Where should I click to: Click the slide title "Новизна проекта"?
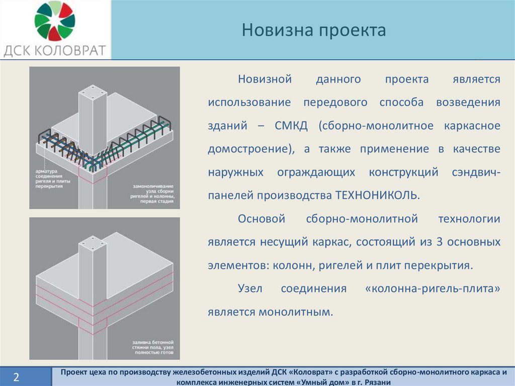tap(314, 30)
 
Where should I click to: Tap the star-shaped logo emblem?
tap(55, 21)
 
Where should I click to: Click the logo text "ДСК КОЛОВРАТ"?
tap(55, 51)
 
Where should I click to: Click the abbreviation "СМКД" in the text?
tap(291, 126)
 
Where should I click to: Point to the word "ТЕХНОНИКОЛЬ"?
tap(377, 195)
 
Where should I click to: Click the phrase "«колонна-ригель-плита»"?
tap(433, 289)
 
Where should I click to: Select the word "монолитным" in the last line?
tap(296, 312)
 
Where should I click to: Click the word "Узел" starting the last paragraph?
tap(250, 289)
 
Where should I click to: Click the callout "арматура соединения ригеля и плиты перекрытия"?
tap(52, 179)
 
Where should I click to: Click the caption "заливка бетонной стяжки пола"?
tap(153, 345)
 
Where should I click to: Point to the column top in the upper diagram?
tap(93, 93)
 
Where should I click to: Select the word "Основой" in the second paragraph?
tap(262, 218)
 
